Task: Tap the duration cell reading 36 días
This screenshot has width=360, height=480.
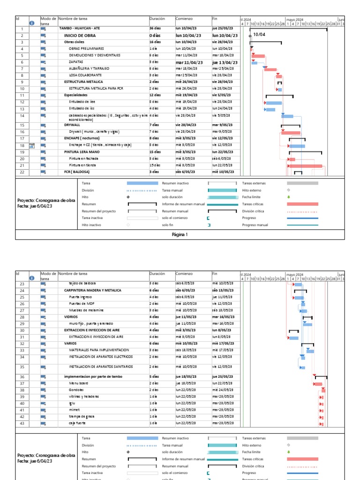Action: coord(156,29)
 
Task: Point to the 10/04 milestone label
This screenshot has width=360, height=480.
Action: coord(260,35)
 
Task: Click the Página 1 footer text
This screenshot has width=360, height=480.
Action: coord(180,234)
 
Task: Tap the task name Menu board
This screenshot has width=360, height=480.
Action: coord(78,383)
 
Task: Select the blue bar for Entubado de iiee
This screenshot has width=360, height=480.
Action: coord(274,103)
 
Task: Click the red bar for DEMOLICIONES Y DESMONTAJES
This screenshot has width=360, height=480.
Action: coord(259,56)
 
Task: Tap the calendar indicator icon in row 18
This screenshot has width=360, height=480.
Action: coord(32,146)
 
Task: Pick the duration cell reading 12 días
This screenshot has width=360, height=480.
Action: coord(156,95)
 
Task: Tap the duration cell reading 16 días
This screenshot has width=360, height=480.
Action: coord(156,42)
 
